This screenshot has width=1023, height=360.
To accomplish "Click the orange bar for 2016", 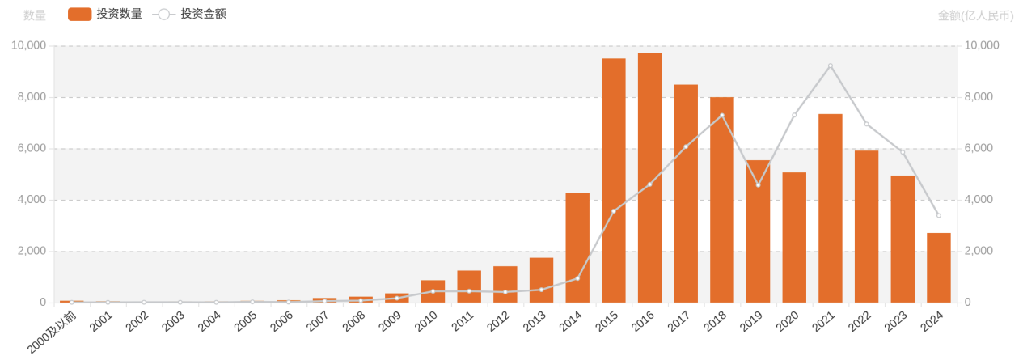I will tap(649, 178).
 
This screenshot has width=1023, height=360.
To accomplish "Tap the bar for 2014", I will tap(577, 248).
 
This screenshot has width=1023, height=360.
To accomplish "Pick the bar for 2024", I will tap(938, 268).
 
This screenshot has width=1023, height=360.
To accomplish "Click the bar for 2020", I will tap(794, 238).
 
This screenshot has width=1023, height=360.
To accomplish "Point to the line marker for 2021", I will tap(831, 66).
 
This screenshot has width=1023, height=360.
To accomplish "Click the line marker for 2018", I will tap(722, 116).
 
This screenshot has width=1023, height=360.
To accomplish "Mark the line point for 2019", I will tap(758, 185).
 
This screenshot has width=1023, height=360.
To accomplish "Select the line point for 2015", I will tap(614, 211).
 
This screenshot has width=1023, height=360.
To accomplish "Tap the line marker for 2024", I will tap(938, 215).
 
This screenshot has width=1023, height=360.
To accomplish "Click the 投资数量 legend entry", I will tap(105, 14).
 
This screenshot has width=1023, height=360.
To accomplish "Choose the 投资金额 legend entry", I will tap(189, 14).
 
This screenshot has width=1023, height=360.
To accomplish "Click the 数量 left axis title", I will tap(35, 15).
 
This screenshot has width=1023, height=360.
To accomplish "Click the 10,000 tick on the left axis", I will tap(28, 45).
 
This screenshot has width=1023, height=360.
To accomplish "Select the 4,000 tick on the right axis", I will tap(980, 200).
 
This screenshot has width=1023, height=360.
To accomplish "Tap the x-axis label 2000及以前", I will tap(54, 333).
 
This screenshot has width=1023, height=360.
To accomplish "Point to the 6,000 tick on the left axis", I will tap(32, 149).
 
